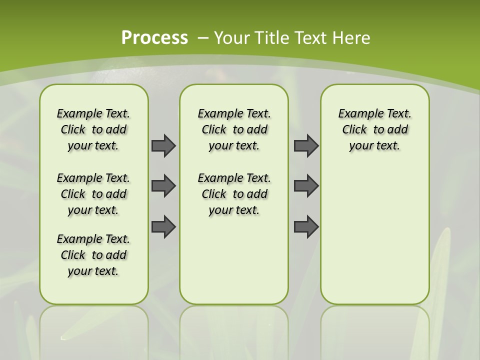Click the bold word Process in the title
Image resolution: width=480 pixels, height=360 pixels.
[x=154, y=37]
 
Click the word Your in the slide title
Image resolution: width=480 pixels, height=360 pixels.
[x=232, y=38]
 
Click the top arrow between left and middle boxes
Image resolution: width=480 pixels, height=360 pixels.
[x=163, y=145]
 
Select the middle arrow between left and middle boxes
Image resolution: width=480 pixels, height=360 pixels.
[x=163, y=186]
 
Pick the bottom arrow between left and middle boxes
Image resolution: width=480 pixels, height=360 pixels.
[x=163, y=226]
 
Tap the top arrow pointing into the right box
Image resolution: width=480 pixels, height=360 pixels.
[x=306, y=145]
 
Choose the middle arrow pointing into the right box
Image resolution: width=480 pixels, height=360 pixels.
[x=306, y=186]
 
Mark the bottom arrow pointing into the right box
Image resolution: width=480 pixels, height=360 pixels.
[x=306, y=226]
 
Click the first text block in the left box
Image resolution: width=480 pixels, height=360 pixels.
[x=93, y=129]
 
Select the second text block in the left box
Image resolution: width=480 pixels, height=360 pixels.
[x=93, y=194]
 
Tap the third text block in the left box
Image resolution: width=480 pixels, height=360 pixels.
[x=93, y=255]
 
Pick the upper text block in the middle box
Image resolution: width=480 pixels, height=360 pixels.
[x=234, y=129]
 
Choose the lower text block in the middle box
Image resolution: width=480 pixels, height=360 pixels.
[x=234, y=194]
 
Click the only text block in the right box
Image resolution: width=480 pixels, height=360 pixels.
[x=374, y=129]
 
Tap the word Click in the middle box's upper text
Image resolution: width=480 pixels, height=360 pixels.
[x=214, y=130]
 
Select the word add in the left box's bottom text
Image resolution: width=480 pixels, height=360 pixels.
[x=116, y=255]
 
